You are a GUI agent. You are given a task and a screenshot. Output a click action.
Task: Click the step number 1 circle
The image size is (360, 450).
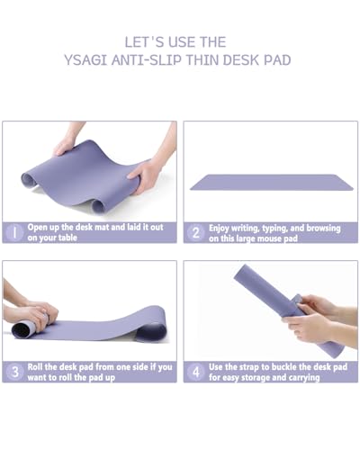coord(14,232)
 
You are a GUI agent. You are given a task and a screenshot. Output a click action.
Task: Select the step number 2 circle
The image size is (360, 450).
coord(195,232)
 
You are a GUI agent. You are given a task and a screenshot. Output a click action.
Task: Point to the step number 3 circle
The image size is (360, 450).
coord(14,371)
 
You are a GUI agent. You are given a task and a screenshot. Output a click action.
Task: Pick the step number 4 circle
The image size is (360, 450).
coord(195,371)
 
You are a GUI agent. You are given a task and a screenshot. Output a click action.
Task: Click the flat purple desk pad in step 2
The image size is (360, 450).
coord(271,182)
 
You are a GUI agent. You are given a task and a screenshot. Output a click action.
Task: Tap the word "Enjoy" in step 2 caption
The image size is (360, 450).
coord(220,228)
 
